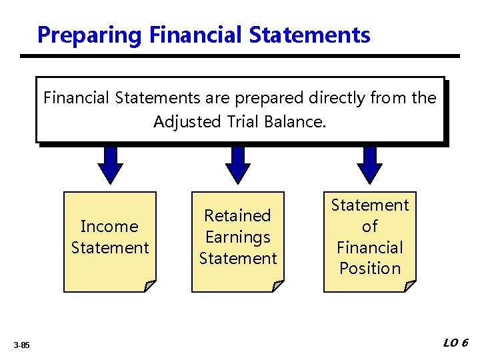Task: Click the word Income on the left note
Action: [x=109, y=227]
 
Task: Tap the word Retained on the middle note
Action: [x=237, y=216]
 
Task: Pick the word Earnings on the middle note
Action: [x=237, y=237]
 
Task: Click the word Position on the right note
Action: [x=370, y=269]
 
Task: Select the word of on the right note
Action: [x=370, y=227]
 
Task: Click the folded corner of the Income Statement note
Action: [x=149, y=286]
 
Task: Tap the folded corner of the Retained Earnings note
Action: [x=277, y=286]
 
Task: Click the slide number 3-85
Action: [x=21, y=345]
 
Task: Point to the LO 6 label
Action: [x=456, y=343]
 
